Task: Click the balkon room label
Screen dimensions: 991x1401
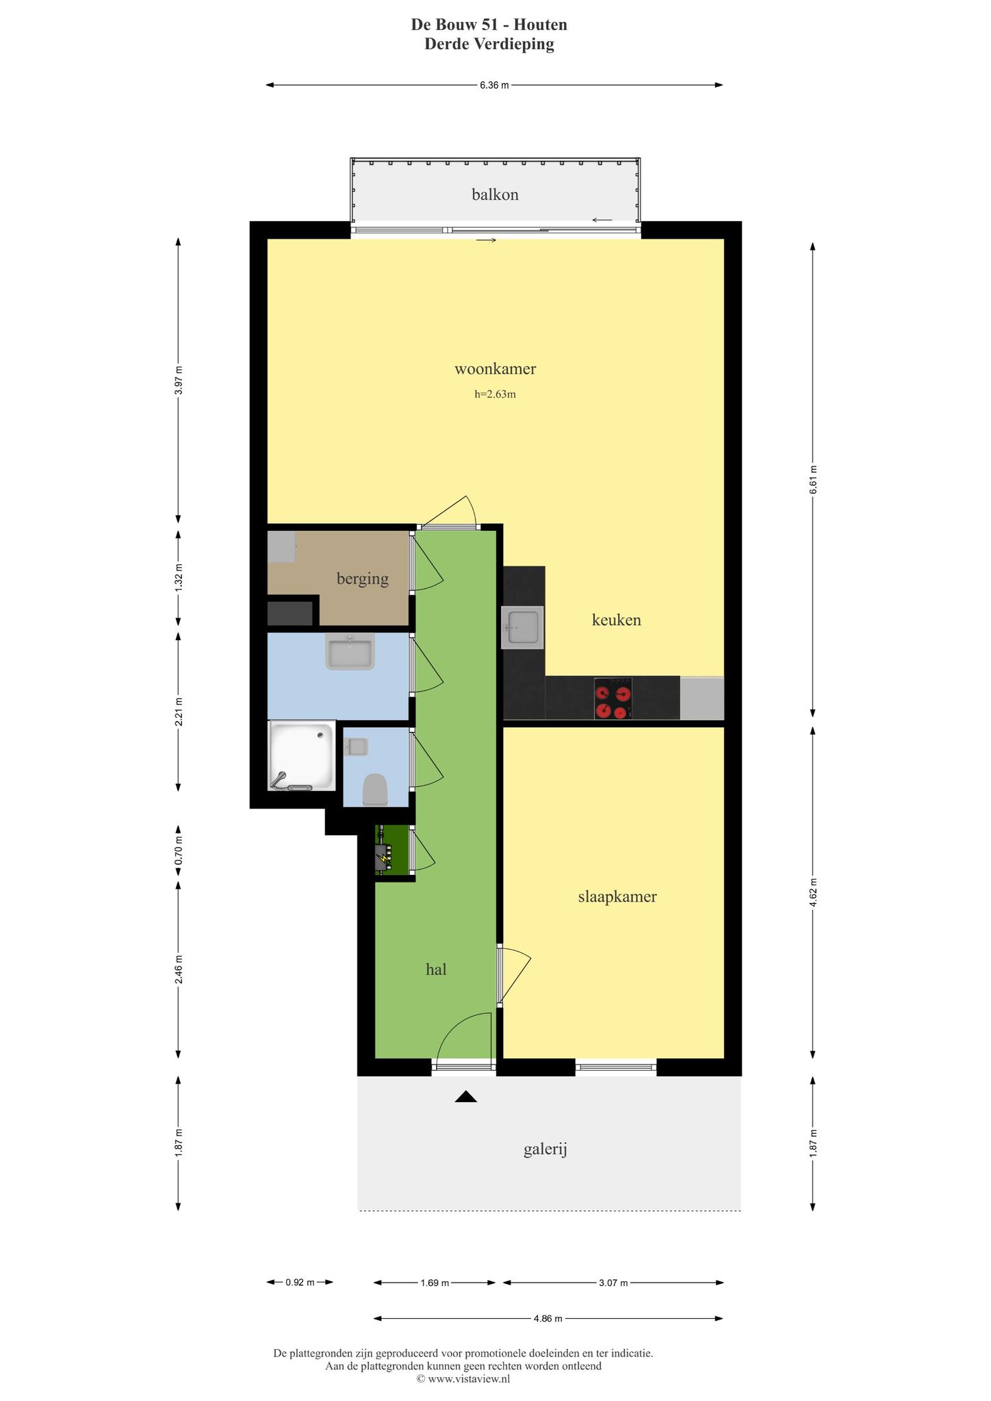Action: pyautogui.click(x=495, y=195)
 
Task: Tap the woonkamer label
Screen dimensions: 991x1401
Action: pyautogui.click(x=495, y=369)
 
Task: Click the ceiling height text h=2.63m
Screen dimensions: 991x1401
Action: pyautogui.click(x=495, y=394)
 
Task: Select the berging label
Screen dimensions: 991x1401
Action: pyautogui.click(x=363, y=579)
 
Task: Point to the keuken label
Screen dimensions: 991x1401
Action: pyautogui.click(x=616, y=620)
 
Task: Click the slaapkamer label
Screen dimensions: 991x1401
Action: pyautogui.click(x=617, y=897)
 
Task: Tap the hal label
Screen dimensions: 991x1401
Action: pyautogui.click(x=436, y=969)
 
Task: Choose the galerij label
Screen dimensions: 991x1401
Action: pyautogui.click(x=545, y=1150)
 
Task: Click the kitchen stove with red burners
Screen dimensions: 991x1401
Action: pyautogui.click(x=613, y=698)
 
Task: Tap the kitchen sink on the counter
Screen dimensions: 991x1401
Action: pyautogui.click(x=523, y=627)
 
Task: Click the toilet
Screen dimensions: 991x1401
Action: pyautogui.click(x=374, y=789)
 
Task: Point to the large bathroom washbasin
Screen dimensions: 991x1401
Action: pyautogui.click(x=350, y=653)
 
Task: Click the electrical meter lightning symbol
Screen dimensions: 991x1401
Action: pyautogui.click(x=383, y=856)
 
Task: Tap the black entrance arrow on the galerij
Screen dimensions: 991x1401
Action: pyautogui.click(x=466, y=1097)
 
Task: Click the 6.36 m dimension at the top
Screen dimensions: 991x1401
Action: pyautogui.click(x=494, y=86)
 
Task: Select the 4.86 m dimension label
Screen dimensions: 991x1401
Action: pyautogui.click(x=548, y=1318)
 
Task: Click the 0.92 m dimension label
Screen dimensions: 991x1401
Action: pyautogui.click(x=300, y=1283)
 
